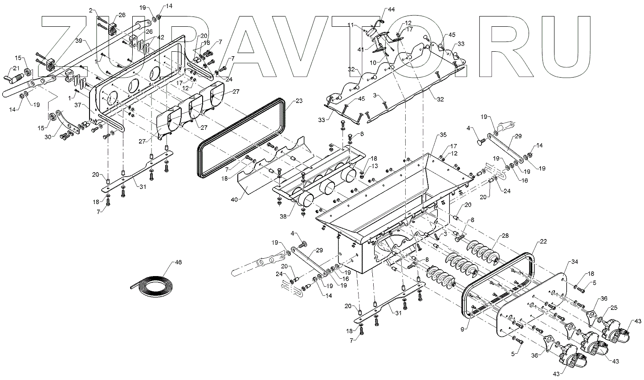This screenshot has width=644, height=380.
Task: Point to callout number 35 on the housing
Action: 442,134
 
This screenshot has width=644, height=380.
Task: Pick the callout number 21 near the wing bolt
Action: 16,68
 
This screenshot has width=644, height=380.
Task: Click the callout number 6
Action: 362,134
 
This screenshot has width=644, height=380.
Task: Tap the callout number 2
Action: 91,9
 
